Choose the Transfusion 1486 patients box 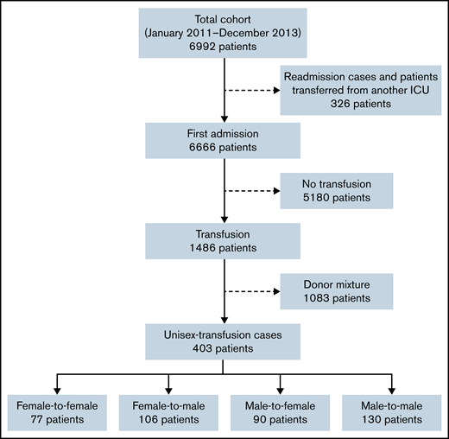224,241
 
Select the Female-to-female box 56,410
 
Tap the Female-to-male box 168,410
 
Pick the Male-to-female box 280,410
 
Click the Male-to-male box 392,410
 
